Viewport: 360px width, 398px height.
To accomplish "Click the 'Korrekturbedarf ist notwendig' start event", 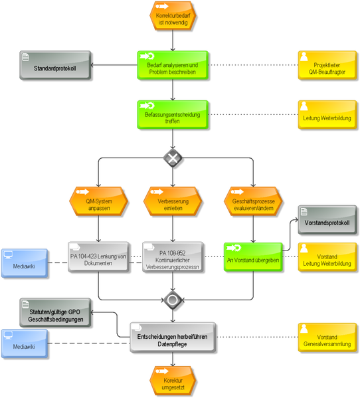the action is (173, 15).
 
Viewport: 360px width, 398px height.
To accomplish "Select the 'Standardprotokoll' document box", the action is (55, 65).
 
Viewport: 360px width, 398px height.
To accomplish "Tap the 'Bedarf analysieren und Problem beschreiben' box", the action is (173, 65).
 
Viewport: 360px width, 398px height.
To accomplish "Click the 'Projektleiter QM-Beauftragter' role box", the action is (327, 65).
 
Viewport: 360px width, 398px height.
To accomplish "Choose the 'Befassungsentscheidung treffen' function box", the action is (173, 115).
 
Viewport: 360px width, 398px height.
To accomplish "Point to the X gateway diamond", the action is (173, 158).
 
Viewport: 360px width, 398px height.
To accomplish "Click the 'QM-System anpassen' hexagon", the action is (98, 201).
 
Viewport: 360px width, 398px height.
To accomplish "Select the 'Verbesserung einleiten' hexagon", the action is (173, 201).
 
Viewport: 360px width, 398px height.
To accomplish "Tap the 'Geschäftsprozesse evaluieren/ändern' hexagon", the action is (253, 201).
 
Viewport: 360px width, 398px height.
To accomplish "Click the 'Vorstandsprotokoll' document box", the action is (327, 220).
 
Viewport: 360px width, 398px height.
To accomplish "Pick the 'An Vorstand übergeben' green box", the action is (253, 257).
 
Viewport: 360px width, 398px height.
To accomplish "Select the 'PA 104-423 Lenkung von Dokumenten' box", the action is (98, 257).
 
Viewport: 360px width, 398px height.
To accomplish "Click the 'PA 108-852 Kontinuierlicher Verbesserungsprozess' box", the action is (173, 257).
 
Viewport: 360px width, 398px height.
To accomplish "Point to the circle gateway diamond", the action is (173, 300).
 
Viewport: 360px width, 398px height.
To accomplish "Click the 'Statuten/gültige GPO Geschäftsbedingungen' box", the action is (55, 312).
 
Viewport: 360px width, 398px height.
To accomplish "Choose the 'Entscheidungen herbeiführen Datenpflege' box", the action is (173, 338).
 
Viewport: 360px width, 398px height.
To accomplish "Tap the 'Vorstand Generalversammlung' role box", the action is (327, 338).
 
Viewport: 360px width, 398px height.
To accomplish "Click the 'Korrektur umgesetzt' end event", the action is (173, 381).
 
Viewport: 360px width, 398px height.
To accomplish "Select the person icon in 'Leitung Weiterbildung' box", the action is (304, 106).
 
